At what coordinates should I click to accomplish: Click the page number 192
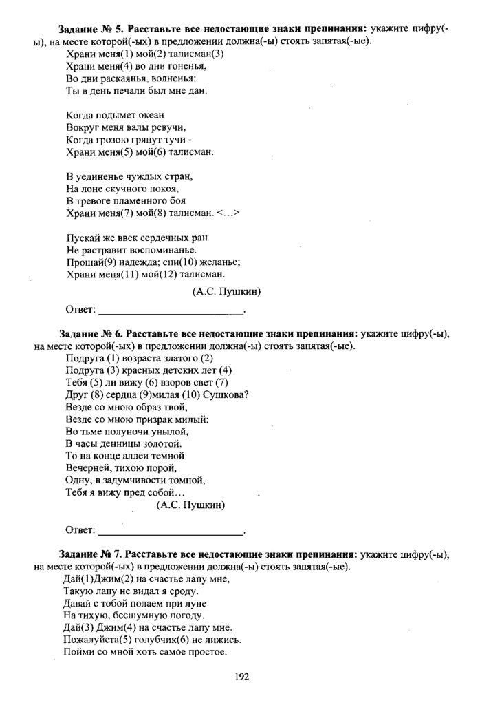[241, 677]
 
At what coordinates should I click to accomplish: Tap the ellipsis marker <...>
[228, 213]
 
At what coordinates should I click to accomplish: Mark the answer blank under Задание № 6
[171, 531]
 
